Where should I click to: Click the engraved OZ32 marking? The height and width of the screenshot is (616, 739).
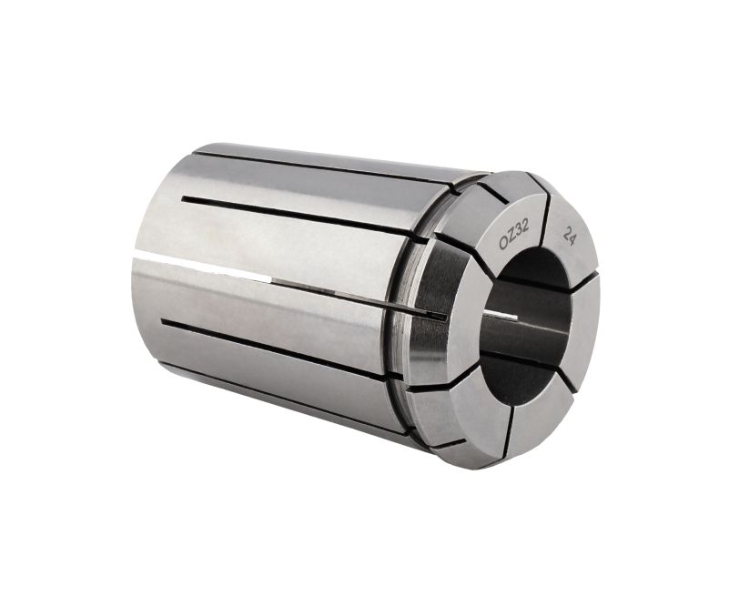(514, 234)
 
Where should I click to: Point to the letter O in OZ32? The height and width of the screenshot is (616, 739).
(504, 243)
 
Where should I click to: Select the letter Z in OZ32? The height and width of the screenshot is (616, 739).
(511, 237)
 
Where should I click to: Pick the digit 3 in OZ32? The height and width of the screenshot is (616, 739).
(518, 230)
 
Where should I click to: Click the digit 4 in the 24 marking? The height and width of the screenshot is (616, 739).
(572, 240)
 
